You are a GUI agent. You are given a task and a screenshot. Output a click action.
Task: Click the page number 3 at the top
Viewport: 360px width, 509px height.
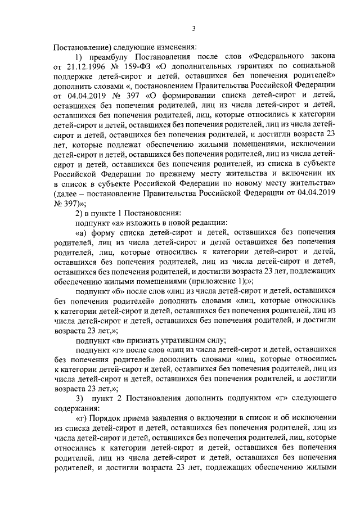(193, 29)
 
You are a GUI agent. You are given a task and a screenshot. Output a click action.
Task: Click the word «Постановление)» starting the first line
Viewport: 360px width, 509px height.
(80, 47)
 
